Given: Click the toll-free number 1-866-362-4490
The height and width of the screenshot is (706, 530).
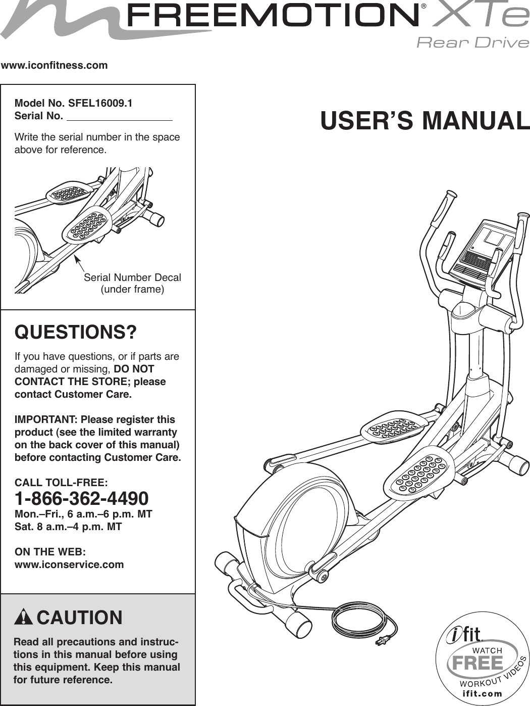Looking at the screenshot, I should [x=82, y=499].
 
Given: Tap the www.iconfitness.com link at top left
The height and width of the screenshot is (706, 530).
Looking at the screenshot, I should [x=55, y=65].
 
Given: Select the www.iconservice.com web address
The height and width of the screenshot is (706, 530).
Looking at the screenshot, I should [x=69, y=564].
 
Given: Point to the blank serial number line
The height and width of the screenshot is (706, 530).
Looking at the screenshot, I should [x=120, y=118].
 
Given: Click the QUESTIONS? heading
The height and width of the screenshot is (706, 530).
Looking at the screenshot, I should [x=76, y=333].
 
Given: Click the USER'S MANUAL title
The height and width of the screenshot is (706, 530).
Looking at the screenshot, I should [x=425, y=121].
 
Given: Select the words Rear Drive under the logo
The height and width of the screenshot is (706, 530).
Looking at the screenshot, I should [x=472, y=42].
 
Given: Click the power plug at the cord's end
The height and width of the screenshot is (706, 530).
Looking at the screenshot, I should [x=380, y=641].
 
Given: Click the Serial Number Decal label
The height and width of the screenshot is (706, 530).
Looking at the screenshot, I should [x=132, y=277].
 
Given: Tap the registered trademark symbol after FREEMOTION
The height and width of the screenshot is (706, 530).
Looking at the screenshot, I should [x=425, y=7].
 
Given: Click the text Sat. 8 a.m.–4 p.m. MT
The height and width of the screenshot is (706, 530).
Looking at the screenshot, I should [x=68, y=527].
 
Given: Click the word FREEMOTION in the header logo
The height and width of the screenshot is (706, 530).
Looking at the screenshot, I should [x=273, y=16].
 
